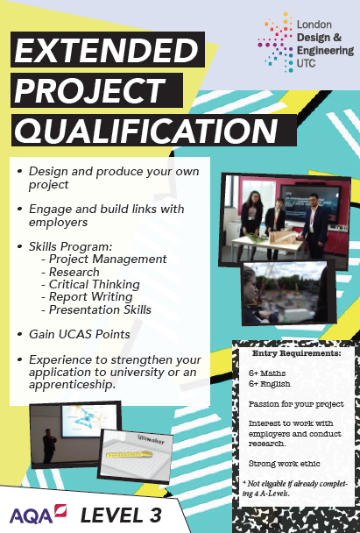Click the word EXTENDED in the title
[106, 50]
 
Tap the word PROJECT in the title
[90, 90]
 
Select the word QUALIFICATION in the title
[146, 131]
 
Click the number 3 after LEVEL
[155, 515]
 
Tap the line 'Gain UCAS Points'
[80, 334]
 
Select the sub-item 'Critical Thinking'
[95, 284]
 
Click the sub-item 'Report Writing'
[91, 297]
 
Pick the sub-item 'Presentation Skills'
[100, 309]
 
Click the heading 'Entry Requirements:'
[296, 353]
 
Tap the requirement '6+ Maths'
[267, 373]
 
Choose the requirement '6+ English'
[269, 384]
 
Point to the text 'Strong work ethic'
[285, 464]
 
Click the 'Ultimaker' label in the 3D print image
[151, 440]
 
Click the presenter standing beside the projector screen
[49, 445]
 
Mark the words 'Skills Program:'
[71, 246]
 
